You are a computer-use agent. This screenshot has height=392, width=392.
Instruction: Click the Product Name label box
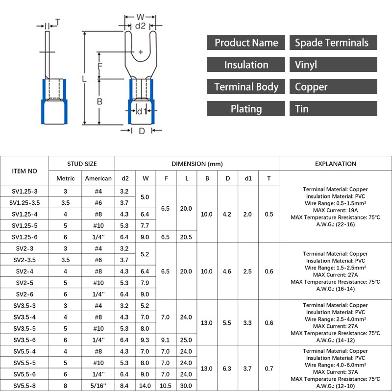coord(246,43)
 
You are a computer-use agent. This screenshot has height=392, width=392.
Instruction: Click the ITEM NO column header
coord(24,171)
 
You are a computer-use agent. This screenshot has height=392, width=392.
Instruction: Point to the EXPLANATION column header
coord(335,164)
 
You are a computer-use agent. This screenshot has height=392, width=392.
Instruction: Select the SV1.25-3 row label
coord(24,191)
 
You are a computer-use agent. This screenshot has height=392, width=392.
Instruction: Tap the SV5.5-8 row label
coord(24,386)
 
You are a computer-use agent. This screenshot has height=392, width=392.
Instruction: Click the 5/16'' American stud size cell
coord(98,386)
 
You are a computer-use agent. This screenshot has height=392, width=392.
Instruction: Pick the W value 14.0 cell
coord(146,386)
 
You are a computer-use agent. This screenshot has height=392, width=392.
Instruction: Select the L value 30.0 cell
coord(187,386)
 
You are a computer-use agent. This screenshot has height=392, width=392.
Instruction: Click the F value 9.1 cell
coord(166,340)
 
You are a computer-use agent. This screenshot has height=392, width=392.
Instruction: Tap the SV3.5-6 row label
coord(24,340)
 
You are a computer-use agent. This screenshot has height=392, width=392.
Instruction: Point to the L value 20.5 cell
coord(187,237)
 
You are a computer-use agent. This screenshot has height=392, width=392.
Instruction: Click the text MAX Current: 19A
coord(335,210)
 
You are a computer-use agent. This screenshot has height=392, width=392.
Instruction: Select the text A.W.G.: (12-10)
coord(335,386)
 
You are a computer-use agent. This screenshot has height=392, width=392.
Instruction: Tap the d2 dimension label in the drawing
coord(140,25)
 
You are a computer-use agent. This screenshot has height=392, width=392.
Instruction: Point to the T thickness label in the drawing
coord(57,22)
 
